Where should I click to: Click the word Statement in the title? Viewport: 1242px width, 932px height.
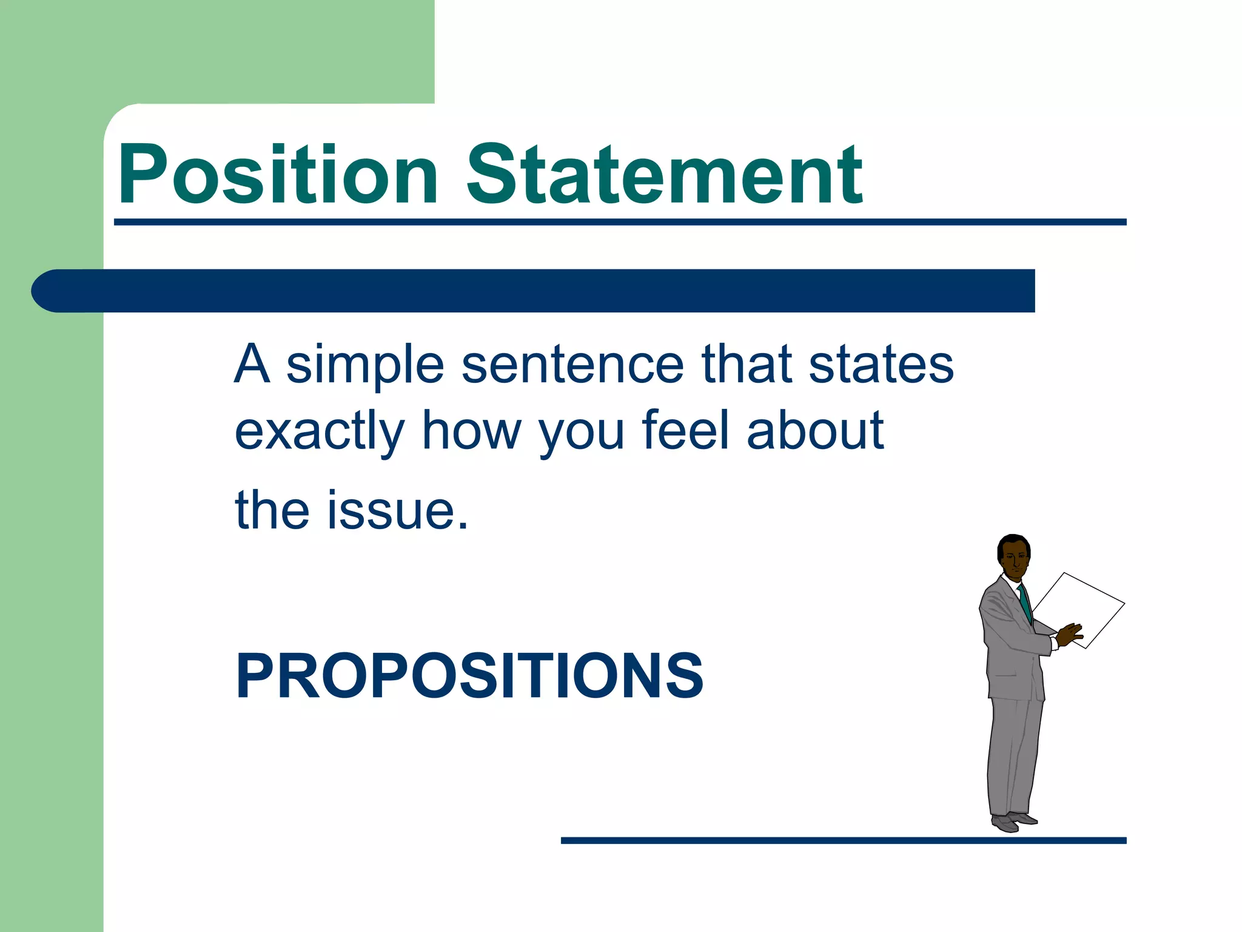pyautogui.click(x=664, y=176)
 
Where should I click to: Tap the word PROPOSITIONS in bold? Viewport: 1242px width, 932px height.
pyautogui.click(x=469, y=676)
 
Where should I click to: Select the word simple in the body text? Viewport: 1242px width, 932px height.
pyautogui.click(x=365, y=366)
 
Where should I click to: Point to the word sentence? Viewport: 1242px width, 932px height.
pyautogui.click(x=572, y=366)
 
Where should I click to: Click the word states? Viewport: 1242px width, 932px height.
pyautogui.click(x=881, y=366)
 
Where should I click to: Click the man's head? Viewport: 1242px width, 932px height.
pyautogui.click(x=1013, y=555)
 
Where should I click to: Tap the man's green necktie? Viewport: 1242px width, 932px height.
pyautogui.click(x=1025, y=603)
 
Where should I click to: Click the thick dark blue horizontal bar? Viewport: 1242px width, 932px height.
pyautogui.click(x=534, y=291)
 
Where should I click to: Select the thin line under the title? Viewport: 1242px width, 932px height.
pyautogui.click(x=619, y=223)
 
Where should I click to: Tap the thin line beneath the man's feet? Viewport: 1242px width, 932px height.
pyautogui.click(x=843, y=840)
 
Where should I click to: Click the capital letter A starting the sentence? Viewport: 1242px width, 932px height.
pyautogui.click(x=251, y=365)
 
